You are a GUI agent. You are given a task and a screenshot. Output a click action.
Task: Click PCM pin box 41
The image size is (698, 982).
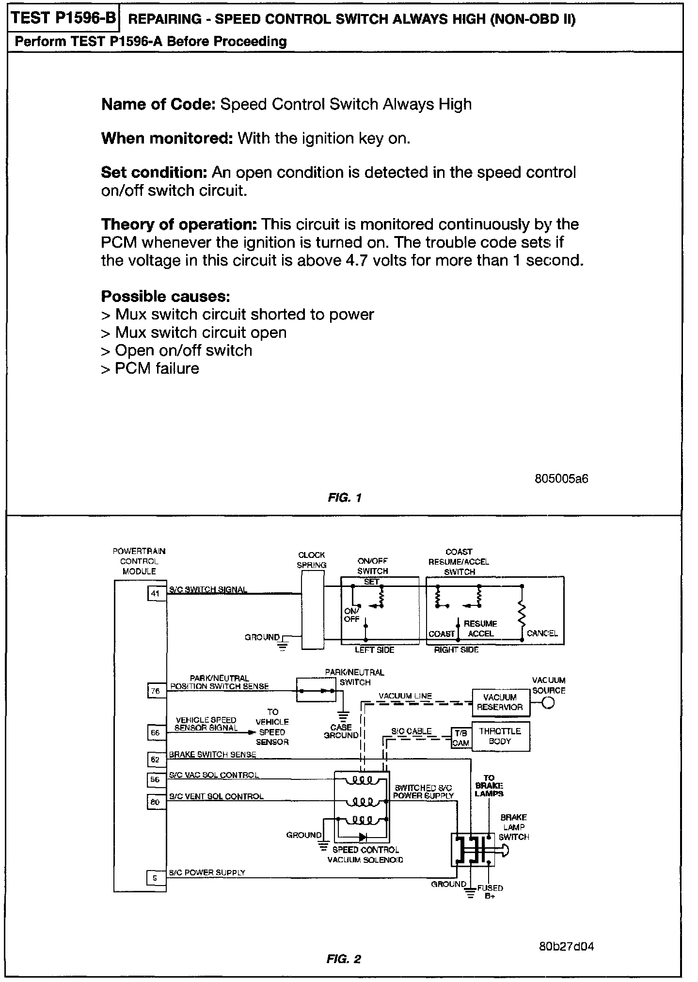click(156, 593)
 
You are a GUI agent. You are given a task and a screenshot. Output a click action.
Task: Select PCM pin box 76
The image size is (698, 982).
click(156, 691)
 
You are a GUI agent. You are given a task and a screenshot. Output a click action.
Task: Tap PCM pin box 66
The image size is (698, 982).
click(156, 732)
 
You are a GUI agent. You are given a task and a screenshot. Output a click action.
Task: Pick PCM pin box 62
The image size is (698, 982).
click(156, 760)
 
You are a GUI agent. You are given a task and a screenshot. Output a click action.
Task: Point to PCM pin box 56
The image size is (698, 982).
click(156, 779)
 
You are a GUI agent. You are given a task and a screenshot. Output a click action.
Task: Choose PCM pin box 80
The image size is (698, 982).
click(156, 802)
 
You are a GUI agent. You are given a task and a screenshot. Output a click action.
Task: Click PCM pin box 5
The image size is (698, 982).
click(156, 877)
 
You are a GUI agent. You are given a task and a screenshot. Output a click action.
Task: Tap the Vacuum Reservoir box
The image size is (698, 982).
click(500, 702)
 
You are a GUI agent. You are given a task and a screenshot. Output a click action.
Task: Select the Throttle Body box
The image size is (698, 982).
click(500, 736)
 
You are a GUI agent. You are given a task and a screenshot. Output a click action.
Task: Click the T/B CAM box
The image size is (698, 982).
click(461, 738)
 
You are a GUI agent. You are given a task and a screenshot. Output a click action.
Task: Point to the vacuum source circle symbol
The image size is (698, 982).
click(548, 702)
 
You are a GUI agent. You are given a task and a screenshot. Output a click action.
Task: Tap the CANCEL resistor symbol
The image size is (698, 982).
click(522, 614)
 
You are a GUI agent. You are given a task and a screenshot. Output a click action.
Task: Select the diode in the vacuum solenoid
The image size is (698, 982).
click(363, 837)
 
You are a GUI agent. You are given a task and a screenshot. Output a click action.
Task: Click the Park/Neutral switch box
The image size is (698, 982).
click(316, 690)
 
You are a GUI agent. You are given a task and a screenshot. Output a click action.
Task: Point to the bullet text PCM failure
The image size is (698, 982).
click(157, 368)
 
